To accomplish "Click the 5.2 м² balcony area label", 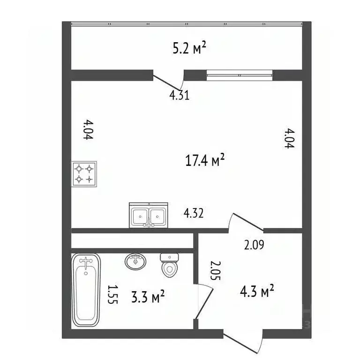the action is coord(189,48).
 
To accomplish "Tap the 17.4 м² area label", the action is coord(204,160).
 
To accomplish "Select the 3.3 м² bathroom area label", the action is coord(148,296).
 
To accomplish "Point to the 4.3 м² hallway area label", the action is coord(257,291).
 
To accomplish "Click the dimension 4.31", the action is coord(180,95).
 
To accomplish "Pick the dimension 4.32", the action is coord(194,213).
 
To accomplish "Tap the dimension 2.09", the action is coord(254,245).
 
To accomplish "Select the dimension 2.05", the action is coord(216,270).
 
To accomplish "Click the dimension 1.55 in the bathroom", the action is coord(113,294).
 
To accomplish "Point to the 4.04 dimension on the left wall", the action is coord(88,129).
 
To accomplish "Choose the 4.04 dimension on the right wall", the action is coord(289,138).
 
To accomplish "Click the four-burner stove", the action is coord(84,174).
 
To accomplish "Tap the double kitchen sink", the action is coord(149,215).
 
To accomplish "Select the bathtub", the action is coord(86,290).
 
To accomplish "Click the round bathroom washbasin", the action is coord(135,262).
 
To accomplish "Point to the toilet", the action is coord(170,265).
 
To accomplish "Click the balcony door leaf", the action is coord(166,82).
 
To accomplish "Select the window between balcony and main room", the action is coord(240,75).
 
